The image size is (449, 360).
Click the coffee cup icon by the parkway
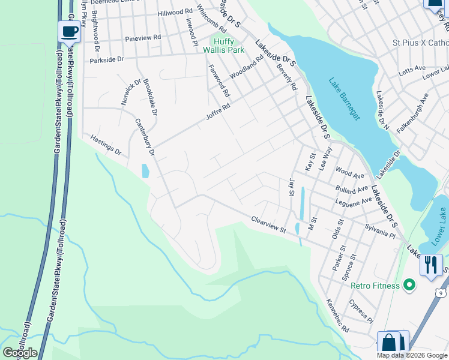[x=70, y=31]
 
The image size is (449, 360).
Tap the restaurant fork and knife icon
[x=430, y=265]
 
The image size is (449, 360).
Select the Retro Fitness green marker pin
[x=409, y=285]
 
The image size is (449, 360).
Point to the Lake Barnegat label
[x=344, y=99]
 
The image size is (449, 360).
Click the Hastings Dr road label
[x=106, y=144]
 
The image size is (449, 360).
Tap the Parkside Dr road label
[x=106, y=60]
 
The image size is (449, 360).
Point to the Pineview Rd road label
[x=143, y=38]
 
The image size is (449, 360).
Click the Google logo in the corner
[x=20, y=353]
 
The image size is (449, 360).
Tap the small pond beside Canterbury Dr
[x=145, y=171]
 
